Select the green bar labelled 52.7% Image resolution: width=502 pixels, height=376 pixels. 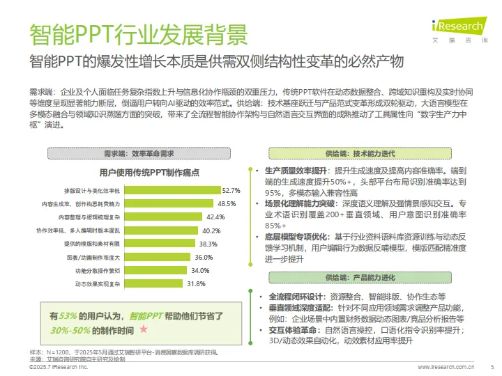pyautogui.click(x=172, y=190)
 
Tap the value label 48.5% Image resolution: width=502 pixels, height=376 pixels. pyautogui.click(x=227, y=203)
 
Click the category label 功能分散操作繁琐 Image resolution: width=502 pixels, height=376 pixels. pyautogui.click(x=97, y=270)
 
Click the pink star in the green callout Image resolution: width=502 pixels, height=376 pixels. pyautogui.click(x=144, y=327)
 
